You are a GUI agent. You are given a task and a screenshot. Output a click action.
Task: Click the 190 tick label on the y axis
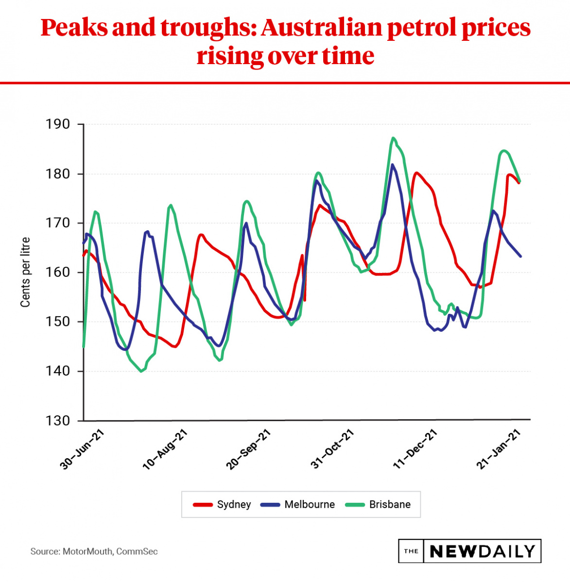click(x=58, y=124)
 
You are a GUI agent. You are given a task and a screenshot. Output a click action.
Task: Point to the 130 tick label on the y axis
click(x=58, y=421)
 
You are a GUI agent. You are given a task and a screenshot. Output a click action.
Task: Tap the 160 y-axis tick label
click(x=58, y=273)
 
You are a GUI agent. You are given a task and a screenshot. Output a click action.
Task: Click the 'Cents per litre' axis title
click(x=25, y=272)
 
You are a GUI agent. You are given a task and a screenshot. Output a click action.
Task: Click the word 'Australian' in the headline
click(x=321, y=28)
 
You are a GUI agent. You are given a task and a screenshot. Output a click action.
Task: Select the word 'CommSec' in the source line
click(x=137, y=551)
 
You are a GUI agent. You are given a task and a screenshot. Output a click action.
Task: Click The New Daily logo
click(x=469, y=551)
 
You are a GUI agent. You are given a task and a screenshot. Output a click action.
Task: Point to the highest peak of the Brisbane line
click(x=393, y=138)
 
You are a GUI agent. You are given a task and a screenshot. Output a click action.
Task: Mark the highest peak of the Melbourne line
click(x=392, y=165)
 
